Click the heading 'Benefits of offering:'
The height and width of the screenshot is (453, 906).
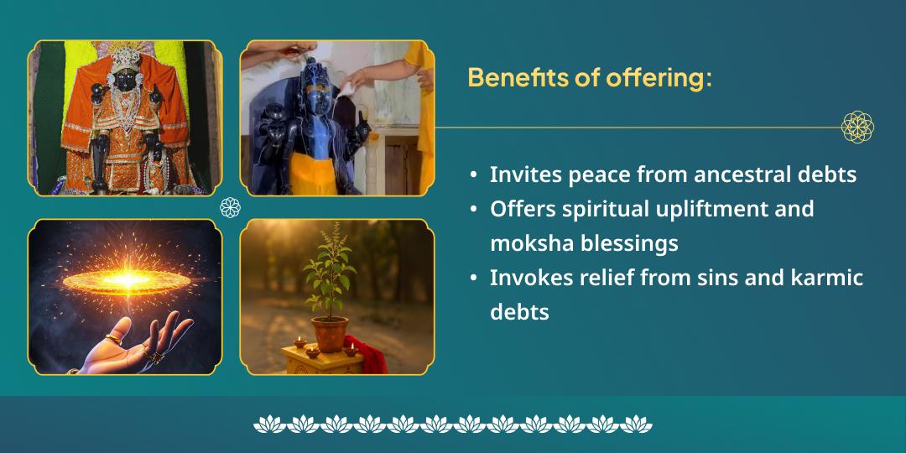[590, 77]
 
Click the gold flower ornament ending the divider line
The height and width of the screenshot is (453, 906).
[857, 128]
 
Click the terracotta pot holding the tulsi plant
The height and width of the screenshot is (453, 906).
[331, 333]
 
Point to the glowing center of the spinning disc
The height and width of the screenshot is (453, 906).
[126, 279]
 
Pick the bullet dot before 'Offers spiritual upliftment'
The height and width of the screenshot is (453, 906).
[475, 209]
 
